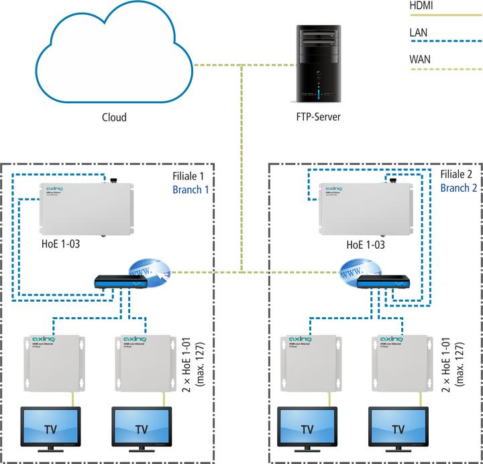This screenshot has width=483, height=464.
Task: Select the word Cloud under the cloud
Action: (114, 118)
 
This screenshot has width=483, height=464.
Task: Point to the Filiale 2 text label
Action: (458, 174)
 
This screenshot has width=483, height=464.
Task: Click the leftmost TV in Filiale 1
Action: (50, 427)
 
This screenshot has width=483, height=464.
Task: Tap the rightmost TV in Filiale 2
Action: (398, 427)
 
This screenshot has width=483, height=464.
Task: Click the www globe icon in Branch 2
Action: (354, 272)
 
